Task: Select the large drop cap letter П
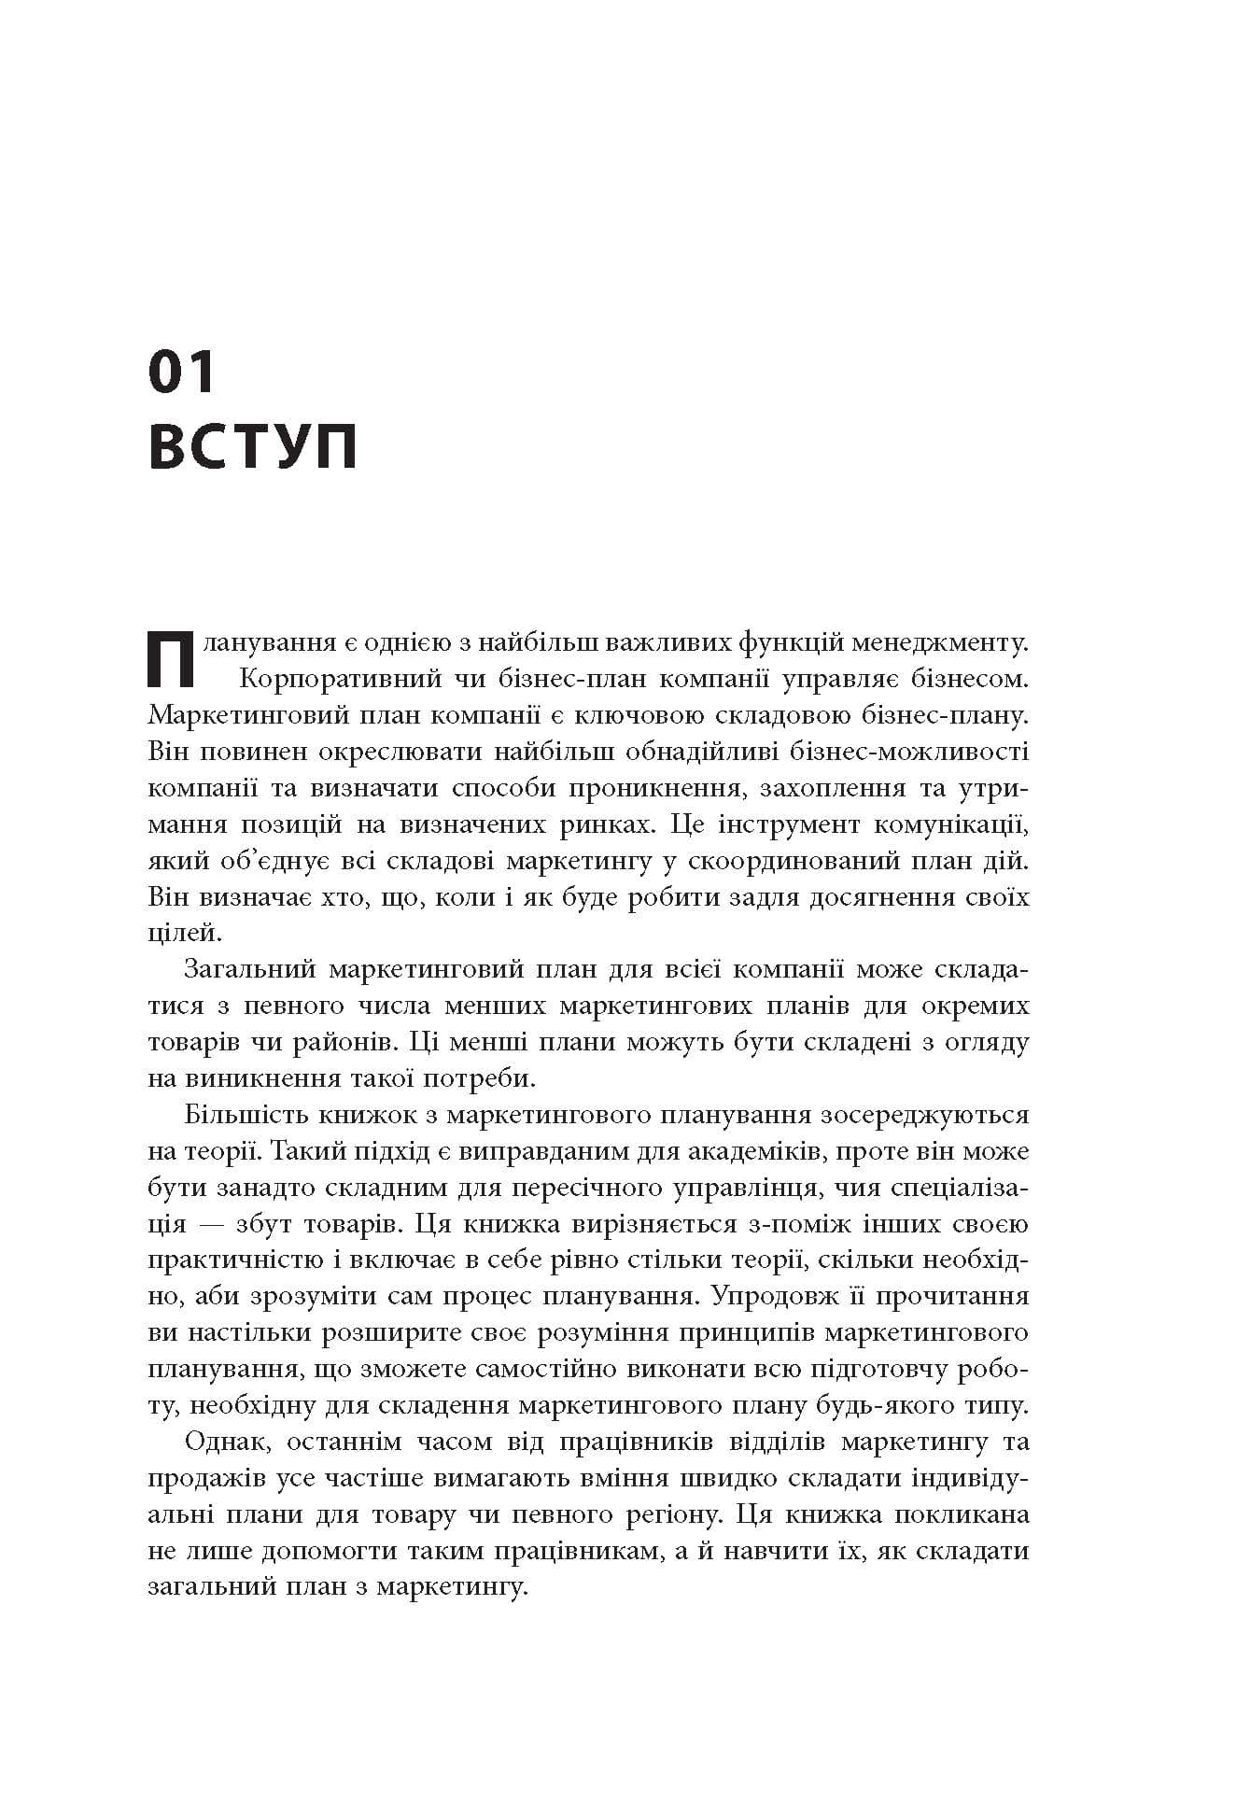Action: point(172,659)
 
